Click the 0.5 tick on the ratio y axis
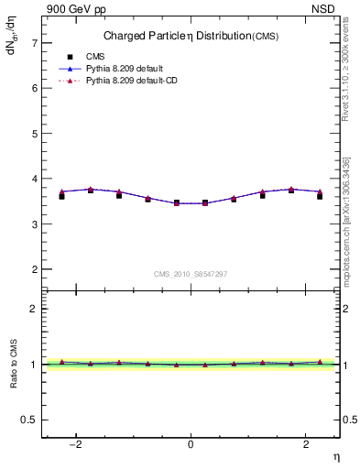pyautogui.click(x=29, y=420)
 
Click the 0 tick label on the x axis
pyautogui.click(x=191, y=444)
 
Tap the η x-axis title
pyautogui.click(x=335, y=456)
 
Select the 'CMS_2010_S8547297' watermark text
pyautogui.click(x=191, y=274)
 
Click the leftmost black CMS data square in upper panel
pyautogui.click(x=61, y=196)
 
